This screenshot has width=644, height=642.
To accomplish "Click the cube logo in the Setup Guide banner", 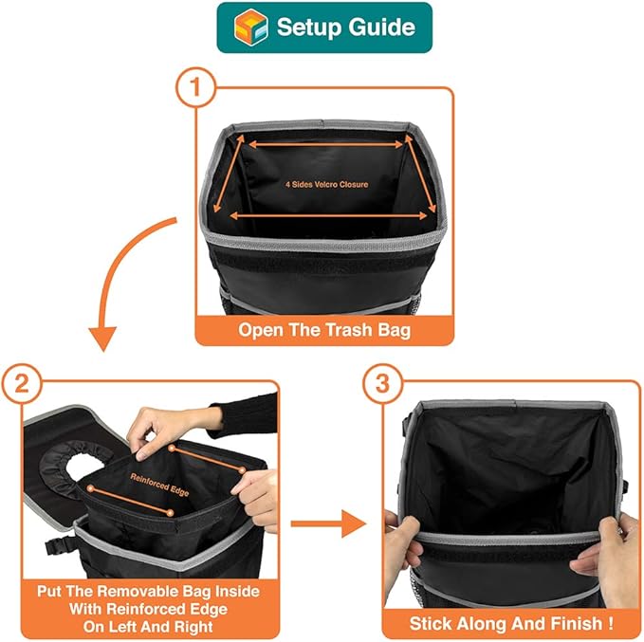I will (250, 27).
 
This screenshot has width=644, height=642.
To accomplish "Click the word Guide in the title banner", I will (377, 27).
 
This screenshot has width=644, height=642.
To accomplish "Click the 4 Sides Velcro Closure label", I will (326, 185).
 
